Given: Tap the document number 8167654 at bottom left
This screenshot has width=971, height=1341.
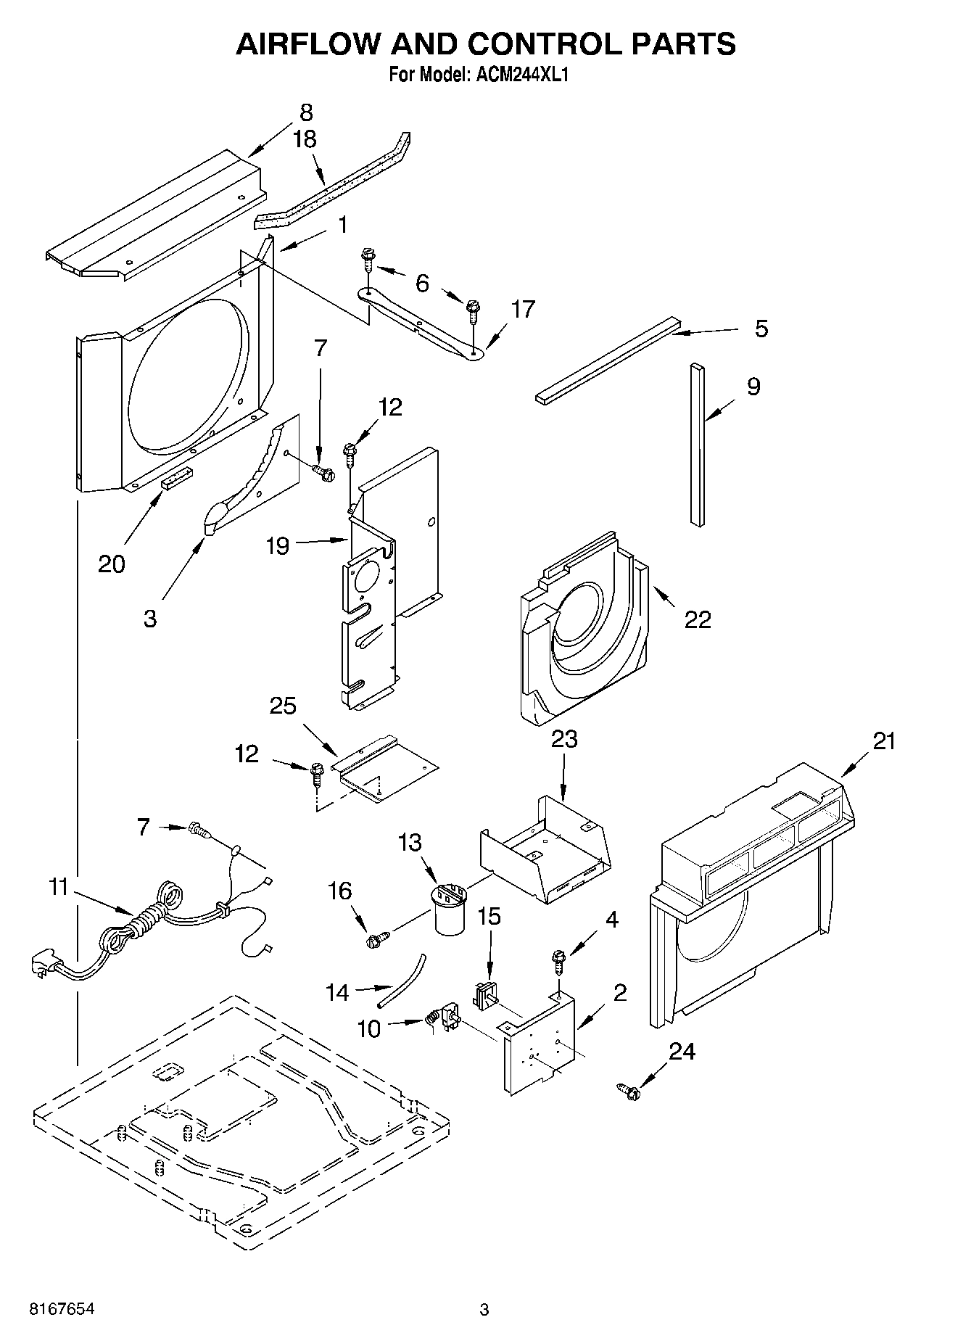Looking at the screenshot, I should click(x=62, y=1309).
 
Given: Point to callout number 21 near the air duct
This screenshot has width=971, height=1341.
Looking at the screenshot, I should click(x=884, y=741).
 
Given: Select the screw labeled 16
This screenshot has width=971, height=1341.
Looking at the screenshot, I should click(x=377, y=940).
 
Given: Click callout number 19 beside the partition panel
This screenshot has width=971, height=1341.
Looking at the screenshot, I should click(x=277, y=545).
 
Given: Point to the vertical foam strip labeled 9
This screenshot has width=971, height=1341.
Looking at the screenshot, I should click(x=697, y=444).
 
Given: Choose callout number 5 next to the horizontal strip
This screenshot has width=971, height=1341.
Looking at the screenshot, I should click(x=761, y=329).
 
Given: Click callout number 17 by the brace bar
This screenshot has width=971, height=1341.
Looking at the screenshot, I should click(x=522, y=309).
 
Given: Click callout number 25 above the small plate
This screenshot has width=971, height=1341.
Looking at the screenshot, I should click(x=283, y=705).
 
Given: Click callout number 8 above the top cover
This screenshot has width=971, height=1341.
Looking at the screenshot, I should click(x=306, y=112).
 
